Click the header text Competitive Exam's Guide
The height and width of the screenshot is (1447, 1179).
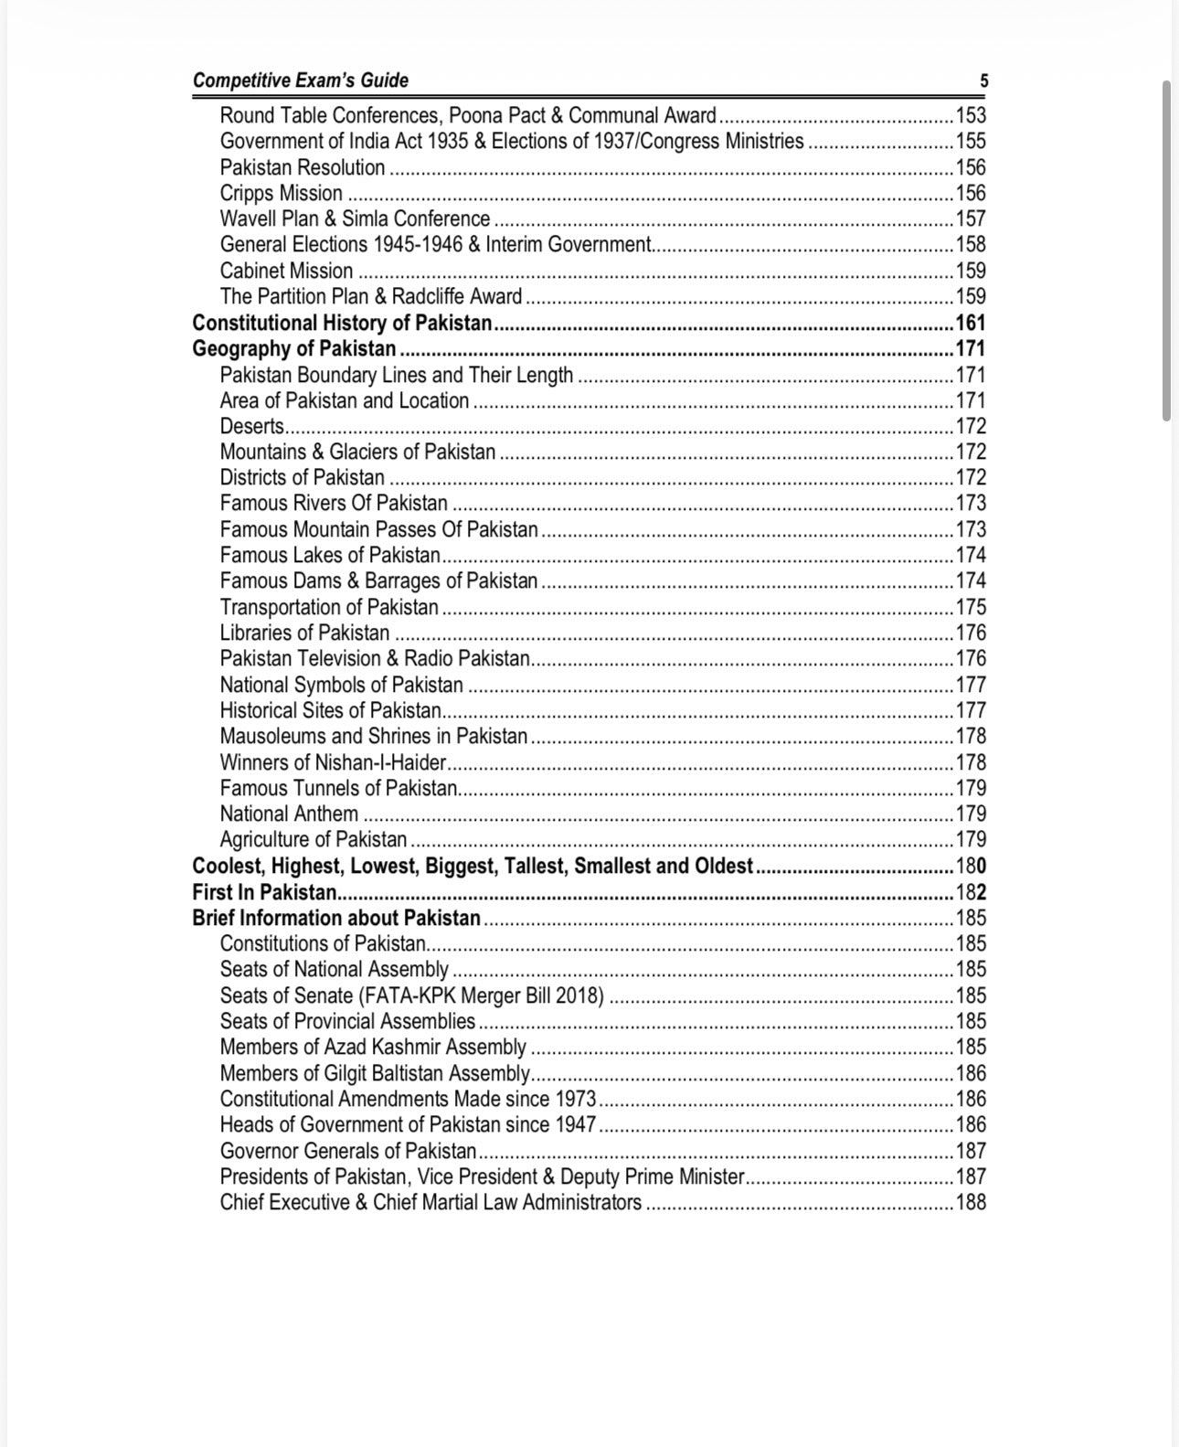point(300,80)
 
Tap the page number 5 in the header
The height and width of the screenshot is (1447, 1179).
point(983,81)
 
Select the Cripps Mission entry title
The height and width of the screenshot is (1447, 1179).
point(281,194)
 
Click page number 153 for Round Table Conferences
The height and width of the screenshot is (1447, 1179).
point(971,116)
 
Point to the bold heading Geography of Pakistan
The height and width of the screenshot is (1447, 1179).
point(294,349)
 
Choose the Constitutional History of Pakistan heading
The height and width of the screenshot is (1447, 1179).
point(342,324)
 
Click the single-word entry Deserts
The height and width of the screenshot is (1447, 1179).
point(251,427)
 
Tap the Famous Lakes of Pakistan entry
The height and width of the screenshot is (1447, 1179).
point(330,556)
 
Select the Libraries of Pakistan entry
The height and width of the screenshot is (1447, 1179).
point(304,633)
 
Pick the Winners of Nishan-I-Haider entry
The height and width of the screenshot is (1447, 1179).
point(333,763)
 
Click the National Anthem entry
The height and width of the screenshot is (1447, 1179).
point(289,814)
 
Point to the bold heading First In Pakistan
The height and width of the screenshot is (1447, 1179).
point(264,893)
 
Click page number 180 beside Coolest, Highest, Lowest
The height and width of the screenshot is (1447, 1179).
point(971,867)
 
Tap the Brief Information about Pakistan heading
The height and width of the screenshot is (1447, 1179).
point(336,919)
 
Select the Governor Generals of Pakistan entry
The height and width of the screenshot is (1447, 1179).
point(348,1151)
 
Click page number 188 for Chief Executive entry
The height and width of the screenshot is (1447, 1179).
point(971,1203)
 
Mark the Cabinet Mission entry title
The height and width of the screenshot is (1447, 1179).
point(286,271)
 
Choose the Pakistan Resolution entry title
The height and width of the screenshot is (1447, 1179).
point(303,168)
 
